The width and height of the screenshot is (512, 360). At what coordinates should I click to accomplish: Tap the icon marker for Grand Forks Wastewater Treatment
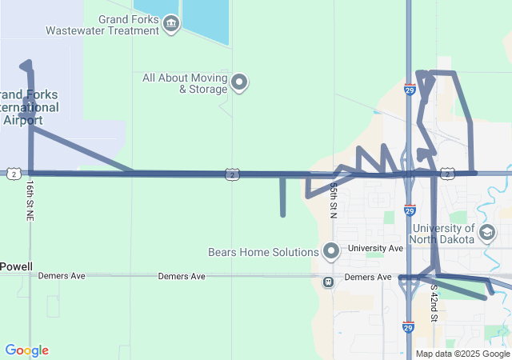pos(170,25)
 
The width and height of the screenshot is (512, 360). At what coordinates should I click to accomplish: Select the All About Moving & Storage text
pos(183,83)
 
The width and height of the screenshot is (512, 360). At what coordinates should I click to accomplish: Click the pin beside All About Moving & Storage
pos(239,82)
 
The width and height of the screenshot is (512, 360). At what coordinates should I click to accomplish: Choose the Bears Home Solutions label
pos(263,252)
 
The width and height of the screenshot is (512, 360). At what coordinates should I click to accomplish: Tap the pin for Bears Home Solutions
pos(331,251)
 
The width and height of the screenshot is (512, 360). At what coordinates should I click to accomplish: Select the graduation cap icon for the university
pos(486,232)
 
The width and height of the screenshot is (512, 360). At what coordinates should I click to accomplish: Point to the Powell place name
pos(16,266)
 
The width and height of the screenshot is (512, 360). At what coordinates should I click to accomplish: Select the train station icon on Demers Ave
pos(328,282)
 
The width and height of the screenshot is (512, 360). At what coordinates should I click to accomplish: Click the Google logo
pos(26,350)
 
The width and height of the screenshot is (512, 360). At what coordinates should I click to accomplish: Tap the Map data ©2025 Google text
pos(462,354)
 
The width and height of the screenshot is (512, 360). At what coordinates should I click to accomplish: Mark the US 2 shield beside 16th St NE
pos(14,174)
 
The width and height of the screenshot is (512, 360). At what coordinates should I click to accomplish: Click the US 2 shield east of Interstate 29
pos(447,174)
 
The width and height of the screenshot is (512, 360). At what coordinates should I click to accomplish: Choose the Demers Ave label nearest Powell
pos(62,276)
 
